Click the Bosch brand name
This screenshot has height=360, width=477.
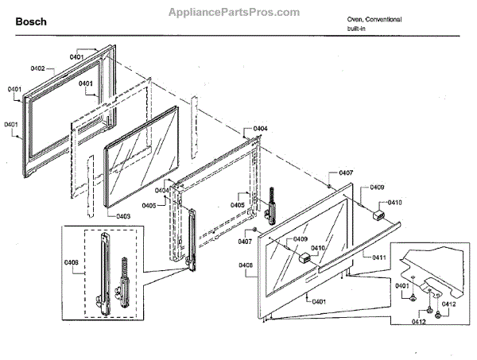click(31, 21)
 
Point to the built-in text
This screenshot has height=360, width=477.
click(356, 29)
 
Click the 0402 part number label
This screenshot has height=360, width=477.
click(38, 70)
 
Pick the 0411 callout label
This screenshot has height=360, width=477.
click(379, 257)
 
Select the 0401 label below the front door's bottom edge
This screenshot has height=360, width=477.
click(319, 301)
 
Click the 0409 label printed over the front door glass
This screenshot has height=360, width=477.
click(301, 239)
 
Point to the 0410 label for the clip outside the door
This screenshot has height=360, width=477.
click(395, 203)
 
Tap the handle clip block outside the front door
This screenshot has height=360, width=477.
click(378, 212)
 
